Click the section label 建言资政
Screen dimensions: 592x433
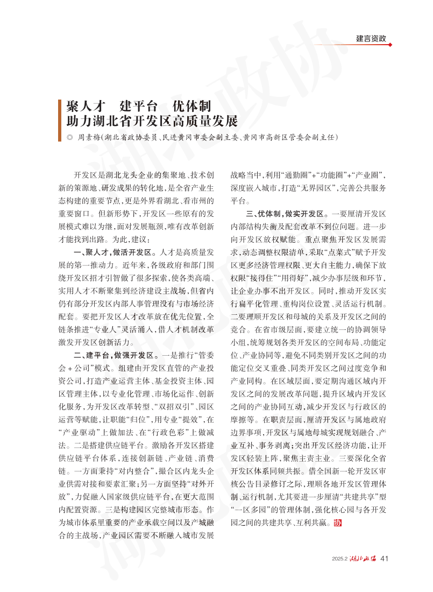tap(371, 39)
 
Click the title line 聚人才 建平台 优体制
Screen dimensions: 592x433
tap(134, 105)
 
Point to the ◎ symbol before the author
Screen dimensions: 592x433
tap(69, 137)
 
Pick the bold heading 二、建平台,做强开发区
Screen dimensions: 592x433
tap(115, 356)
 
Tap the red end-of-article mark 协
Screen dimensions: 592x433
tap(338, 522)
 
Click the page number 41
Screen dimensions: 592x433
tap(384, 558)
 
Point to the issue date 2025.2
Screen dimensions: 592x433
tap(340, 559)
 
